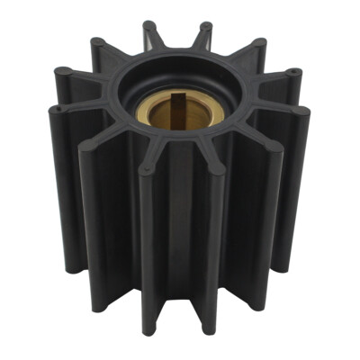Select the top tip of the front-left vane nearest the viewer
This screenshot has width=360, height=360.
[143, 168]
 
